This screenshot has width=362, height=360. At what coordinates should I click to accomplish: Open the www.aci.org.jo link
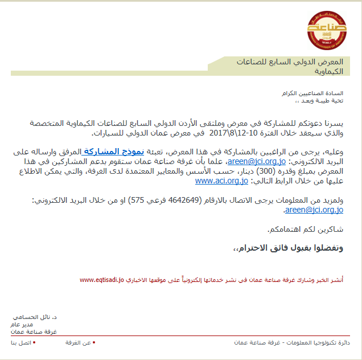coord(221,181)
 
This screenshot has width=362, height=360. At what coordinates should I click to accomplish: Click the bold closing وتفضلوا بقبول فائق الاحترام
coord(289,248)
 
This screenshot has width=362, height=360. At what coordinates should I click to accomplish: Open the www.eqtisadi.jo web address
coord(101,280)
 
